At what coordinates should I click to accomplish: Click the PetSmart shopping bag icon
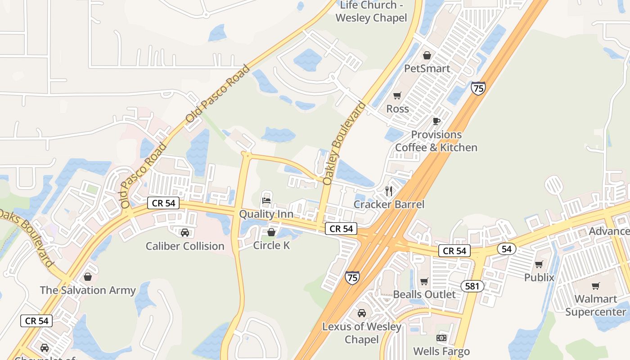point(427,55)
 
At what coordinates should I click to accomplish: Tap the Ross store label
point(397,109)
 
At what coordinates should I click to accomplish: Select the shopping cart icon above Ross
point(397,95)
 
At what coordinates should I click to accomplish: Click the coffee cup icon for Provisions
point(436,121)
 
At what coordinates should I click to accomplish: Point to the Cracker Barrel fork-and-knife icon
point(389,191)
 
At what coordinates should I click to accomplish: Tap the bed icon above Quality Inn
point(266,200)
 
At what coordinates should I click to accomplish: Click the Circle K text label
point(271,245)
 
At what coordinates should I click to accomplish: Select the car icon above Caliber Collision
point(184,233)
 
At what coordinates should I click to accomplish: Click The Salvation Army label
point(88,290)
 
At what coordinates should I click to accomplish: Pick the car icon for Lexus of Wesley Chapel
point(361,313)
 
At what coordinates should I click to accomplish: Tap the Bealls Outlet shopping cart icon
point(424,282)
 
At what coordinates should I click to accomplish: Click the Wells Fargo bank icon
point(441,338)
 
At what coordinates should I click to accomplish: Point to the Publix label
point(539,278)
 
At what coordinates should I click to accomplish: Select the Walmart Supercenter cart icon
point(596,286)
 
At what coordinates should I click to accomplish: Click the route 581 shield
point(472,286)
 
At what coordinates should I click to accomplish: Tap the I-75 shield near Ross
point(478,88)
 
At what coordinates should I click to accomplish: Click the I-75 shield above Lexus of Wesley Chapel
point(352,278)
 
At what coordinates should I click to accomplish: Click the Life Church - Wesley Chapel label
point(371,12)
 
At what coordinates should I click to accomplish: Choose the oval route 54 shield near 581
point(507,249)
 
